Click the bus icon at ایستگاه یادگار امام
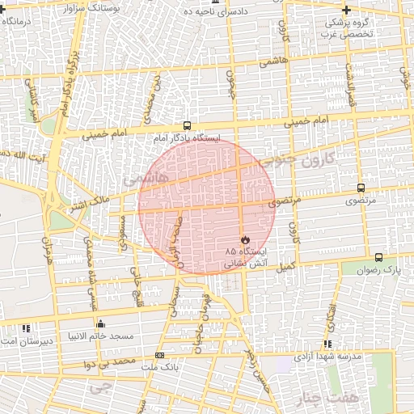point(187,126)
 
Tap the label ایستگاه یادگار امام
point(187,138)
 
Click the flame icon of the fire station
point(244,240)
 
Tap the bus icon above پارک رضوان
point(378,257)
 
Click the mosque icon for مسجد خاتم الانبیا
point(100,324)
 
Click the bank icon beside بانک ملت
point(159,356)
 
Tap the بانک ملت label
point(158,367)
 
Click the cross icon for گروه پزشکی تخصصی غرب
point(347,11)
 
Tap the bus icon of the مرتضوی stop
point(361,188)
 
